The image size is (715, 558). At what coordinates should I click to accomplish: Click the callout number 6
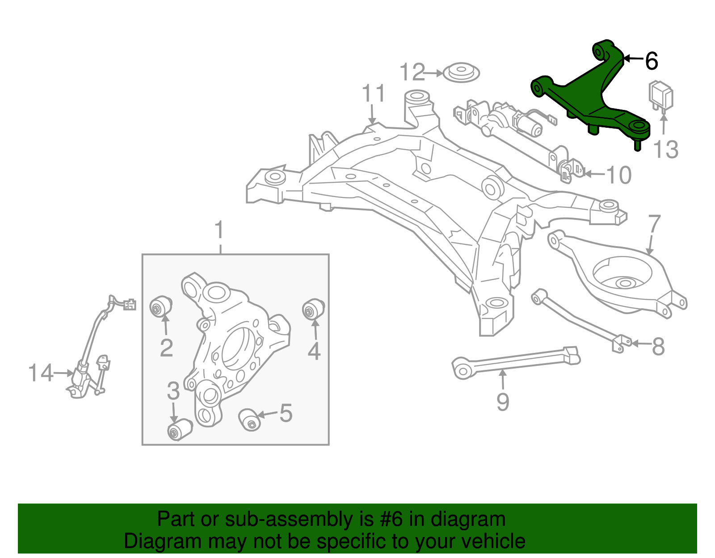point(652,61)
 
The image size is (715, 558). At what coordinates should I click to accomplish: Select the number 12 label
point(412,72)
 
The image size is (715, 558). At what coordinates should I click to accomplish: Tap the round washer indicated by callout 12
point(461,72)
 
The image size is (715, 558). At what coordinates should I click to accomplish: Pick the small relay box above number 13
point(661,96)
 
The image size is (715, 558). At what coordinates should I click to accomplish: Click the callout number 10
point(619,175)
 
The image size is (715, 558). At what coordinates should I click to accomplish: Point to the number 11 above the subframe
point(373,93)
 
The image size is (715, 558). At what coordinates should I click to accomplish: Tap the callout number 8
point(658,346)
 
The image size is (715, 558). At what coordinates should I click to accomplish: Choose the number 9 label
point(503,402)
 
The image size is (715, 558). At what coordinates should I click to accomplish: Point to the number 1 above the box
point(219,231)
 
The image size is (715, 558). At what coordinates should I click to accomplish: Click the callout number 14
point(40,373)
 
